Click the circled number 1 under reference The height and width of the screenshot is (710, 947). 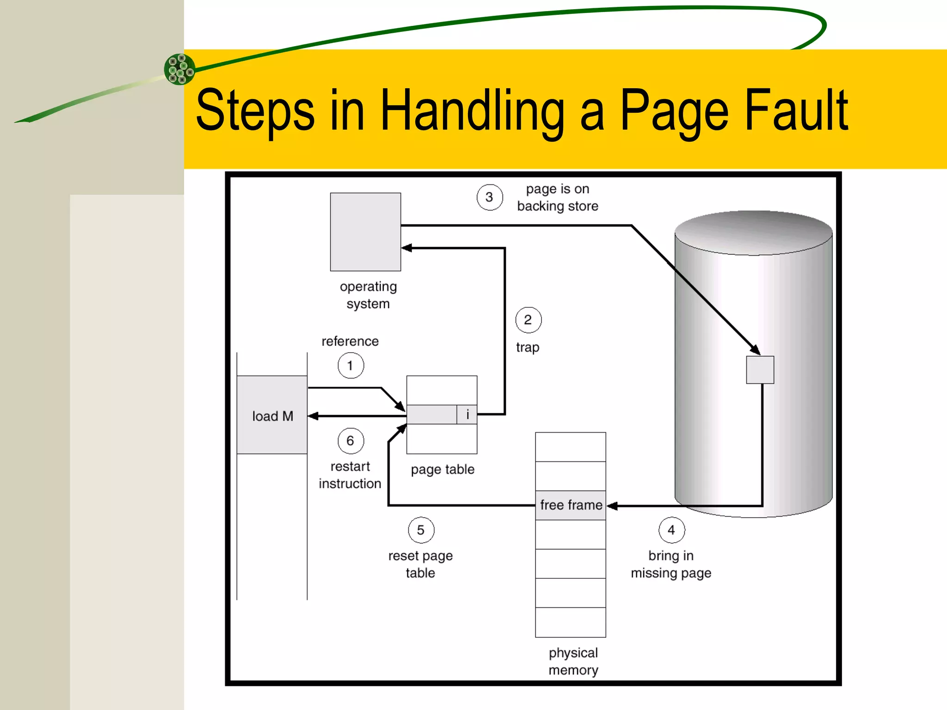point(351,366)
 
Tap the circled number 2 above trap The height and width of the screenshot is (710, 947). point(528,320)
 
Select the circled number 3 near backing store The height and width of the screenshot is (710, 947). point(490,197)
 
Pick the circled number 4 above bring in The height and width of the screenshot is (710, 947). point(671,530)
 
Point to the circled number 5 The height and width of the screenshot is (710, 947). point(421,530)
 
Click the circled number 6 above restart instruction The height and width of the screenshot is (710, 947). point(351,441)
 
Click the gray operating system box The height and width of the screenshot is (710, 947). point(365,232)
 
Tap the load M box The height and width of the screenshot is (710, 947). point(272,415)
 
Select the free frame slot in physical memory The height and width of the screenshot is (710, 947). point(571,505)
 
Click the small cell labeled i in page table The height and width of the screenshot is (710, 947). point(467,415)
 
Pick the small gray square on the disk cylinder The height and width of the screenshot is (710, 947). point(760,370)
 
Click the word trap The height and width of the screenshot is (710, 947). point(528,348)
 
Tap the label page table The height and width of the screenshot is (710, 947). point(443,470)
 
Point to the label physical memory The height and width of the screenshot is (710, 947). point(573,661)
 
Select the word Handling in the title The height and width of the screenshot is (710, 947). point(472,111)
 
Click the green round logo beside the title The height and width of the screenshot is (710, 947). point(180,69)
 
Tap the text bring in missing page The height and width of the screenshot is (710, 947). point(671,564)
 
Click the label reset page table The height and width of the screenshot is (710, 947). point(420,564)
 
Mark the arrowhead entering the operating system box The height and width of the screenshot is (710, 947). point(406,248)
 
